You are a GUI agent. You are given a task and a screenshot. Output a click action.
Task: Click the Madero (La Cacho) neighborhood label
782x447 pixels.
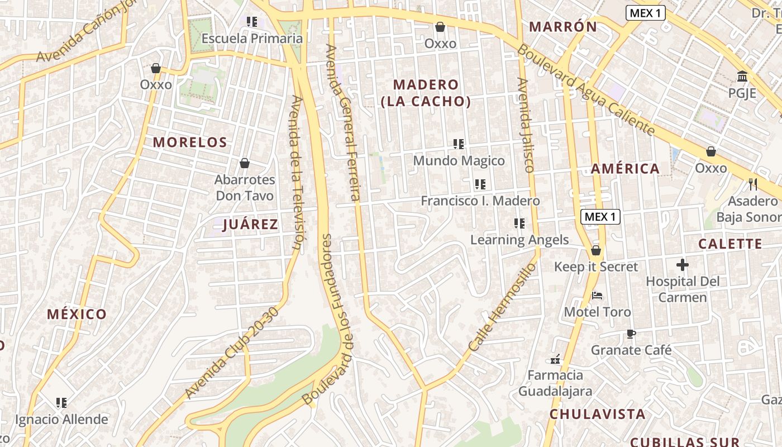(x=426, y=93)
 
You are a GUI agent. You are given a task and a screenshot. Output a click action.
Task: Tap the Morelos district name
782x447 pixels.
(x=190, y=142)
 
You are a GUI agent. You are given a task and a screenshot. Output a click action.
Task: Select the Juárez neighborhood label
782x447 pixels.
(x=250, y=225)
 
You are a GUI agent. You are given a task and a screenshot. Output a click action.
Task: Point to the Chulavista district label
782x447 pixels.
(x=597, y=414)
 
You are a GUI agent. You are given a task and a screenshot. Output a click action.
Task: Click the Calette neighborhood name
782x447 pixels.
(x=730, y=244)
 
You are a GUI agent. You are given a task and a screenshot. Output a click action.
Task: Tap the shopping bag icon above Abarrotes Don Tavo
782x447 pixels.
(x=244, y=163)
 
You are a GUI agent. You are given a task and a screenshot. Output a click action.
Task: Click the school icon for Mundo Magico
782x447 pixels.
(x=459, y=144)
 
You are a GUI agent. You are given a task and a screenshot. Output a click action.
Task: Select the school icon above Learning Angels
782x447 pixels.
(x=519, y=223)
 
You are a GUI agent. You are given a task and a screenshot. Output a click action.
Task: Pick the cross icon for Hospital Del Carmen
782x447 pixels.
(x=682, y=265)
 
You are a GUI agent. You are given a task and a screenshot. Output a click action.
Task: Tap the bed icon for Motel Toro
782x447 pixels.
(x=597, y=295)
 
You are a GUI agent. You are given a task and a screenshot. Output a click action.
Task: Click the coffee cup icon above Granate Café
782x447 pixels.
(x=631, y=334)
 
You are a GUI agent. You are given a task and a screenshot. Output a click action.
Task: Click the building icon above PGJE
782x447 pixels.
(x=742, y=76)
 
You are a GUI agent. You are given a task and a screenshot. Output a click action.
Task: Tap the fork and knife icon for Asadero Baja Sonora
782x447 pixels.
(x=752, y=184)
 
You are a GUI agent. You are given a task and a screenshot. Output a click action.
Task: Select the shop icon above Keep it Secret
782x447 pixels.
(x=595, y=250)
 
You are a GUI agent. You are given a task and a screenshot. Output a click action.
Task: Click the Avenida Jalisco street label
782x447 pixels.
(x=526, y=125)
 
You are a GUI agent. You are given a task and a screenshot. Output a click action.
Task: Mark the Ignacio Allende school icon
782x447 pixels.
(x=61, y=402)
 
